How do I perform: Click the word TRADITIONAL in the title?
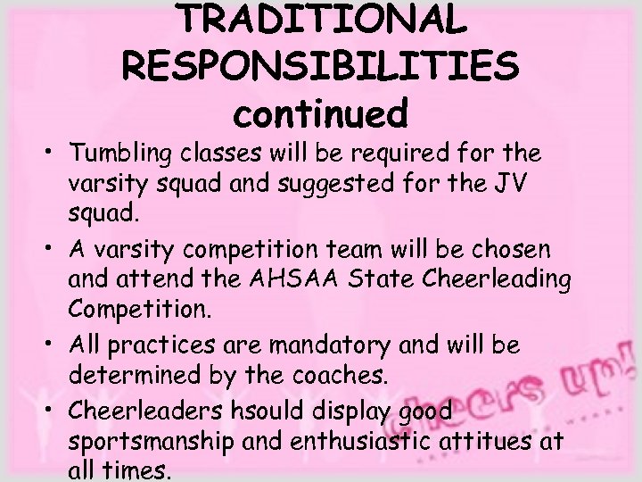pos(321,21)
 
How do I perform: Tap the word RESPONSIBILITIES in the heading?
pos(322,67)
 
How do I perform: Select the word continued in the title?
pos(321,113)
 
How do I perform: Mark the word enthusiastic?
pos(334,440)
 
